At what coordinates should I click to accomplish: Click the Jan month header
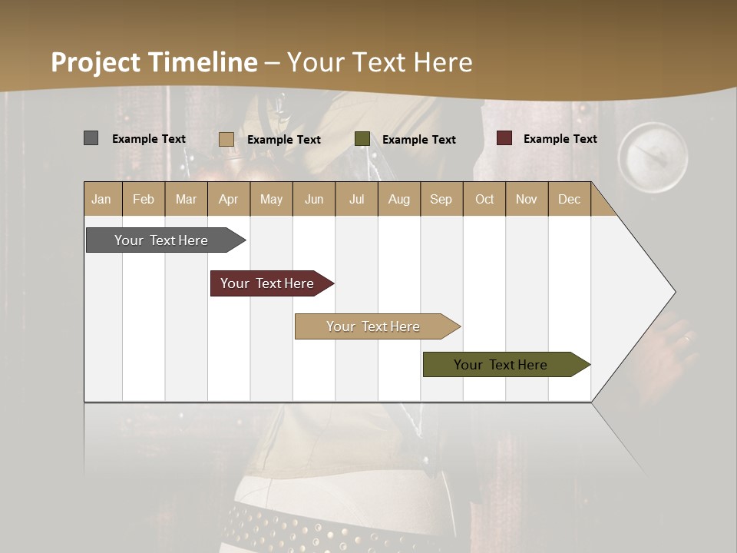(102, 199)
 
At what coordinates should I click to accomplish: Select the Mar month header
(186, 199)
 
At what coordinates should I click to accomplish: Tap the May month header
(271, 199)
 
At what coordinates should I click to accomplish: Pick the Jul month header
(356, 199)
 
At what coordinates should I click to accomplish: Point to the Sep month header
(441, 199)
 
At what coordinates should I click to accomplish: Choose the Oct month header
(484, 199)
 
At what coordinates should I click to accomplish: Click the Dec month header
(569, 199)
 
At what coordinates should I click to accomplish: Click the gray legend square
(91, 138)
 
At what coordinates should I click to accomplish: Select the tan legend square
(226, 139)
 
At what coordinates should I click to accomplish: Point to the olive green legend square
(362, 139)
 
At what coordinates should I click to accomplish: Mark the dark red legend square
(504, 138)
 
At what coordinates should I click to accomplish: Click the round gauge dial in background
(653, 157)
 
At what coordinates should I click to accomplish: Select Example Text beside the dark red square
(560, 139)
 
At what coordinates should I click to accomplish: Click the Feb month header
(144, 199)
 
